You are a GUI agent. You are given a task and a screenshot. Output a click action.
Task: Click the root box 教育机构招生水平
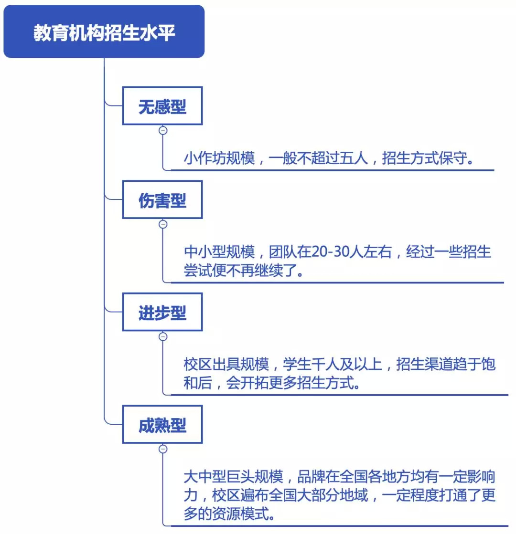pos(104,31)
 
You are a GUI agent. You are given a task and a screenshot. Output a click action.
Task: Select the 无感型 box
pos(162,106)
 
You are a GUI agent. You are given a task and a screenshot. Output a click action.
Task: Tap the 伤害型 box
pos(162,199)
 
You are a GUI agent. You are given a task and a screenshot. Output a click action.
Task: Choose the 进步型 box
pos(162,312)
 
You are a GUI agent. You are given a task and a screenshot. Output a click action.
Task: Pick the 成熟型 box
pos(162,424)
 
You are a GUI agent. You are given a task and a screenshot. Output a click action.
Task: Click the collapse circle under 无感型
pos(163,130)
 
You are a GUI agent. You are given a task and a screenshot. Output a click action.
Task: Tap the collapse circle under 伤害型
pos(163,224)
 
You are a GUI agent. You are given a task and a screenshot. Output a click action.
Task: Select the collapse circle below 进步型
pos(163,336)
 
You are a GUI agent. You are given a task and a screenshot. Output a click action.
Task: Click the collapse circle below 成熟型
pos(163,449)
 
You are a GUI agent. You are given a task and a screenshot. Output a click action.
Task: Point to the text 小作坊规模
pos(219,158)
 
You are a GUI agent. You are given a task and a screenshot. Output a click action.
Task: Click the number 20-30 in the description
pos(331,251)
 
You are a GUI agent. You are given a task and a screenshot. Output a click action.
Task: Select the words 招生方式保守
pos(424,158)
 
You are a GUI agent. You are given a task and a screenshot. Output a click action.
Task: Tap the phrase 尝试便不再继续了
pos(240,271)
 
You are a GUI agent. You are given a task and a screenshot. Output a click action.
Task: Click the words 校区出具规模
pos(226,364)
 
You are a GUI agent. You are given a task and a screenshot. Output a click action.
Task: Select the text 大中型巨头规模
pos(234,476)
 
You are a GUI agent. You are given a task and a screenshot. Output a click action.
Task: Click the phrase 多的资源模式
pos(226,513)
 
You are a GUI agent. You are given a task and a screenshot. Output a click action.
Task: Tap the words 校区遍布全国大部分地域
pos(290,495)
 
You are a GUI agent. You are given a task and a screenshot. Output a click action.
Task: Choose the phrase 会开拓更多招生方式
pos(290,383)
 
